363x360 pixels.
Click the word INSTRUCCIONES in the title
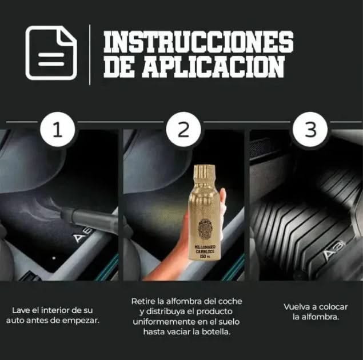click(x=198, y=42)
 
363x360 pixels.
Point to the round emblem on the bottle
click(x=205, y=228)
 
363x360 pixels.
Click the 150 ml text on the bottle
click(x=205, y=256)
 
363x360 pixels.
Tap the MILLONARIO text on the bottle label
click(x=205, y=245)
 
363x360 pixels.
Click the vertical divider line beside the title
click(x=90, y=54)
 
